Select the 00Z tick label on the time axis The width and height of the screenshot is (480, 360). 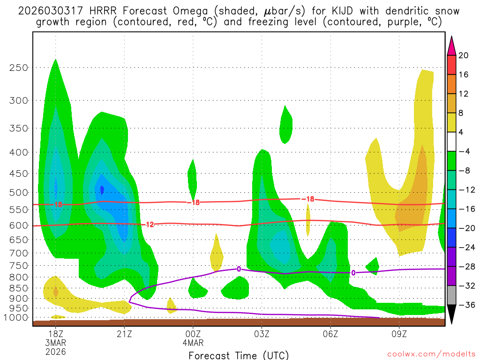[x=193, y=334]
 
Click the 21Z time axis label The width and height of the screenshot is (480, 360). [x=124, y=334]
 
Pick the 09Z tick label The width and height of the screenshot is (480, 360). [x=399, y=334]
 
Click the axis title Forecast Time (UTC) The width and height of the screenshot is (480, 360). [x=239, y=355]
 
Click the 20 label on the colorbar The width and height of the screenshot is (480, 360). [x=464, y=55]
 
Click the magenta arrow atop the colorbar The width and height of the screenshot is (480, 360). [x=451, y=45]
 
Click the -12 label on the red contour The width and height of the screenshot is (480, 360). [x=149, y=225]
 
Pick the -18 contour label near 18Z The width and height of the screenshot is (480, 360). [x=58, y=205]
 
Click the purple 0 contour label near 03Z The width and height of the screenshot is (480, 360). [x=239, y=269]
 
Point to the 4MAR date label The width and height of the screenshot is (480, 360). [x=193, y=343]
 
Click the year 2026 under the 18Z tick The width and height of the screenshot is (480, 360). [x=55, y=352]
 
